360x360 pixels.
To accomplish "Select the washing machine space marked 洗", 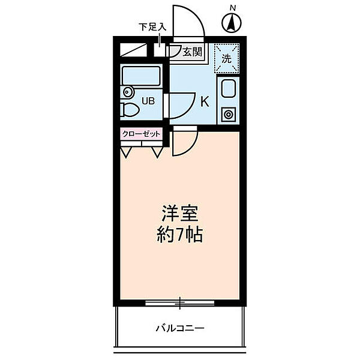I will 227,58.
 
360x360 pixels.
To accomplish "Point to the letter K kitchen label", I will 204,101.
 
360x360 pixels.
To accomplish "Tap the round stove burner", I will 229,113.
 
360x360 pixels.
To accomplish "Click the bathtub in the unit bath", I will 142,77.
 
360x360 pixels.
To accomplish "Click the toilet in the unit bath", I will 128,110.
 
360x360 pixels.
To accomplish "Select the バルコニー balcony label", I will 180,328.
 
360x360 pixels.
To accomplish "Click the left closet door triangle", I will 127,152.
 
